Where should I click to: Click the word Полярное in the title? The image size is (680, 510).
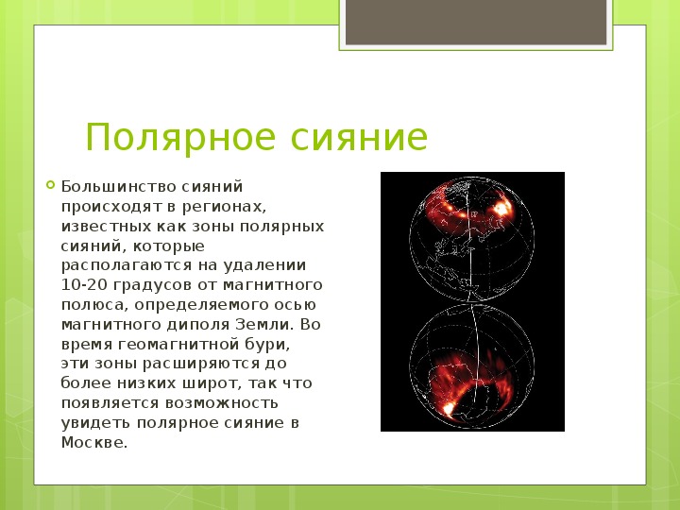pos(180,138)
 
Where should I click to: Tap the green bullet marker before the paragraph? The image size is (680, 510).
pos(50,185)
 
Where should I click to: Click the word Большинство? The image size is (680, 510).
pos(118,186)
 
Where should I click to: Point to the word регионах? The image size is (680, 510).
pos(224,207)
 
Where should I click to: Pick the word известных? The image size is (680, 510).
pos(106,227)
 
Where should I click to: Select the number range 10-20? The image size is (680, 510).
pos(84,285)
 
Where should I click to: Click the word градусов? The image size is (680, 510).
pos(153,286)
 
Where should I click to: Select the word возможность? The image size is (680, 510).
pos(222,403)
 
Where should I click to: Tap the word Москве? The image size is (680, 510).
pos(94,442)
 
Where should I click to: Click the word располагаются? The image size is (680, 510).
pos(127,265)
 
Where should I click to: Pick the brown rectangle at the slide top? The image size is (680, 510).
pos(476,22)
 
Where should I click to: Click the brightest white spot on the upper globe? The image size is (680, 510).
pos(502,209)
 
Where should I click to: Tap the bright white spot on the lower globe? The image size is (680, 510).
pos(448,408)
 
